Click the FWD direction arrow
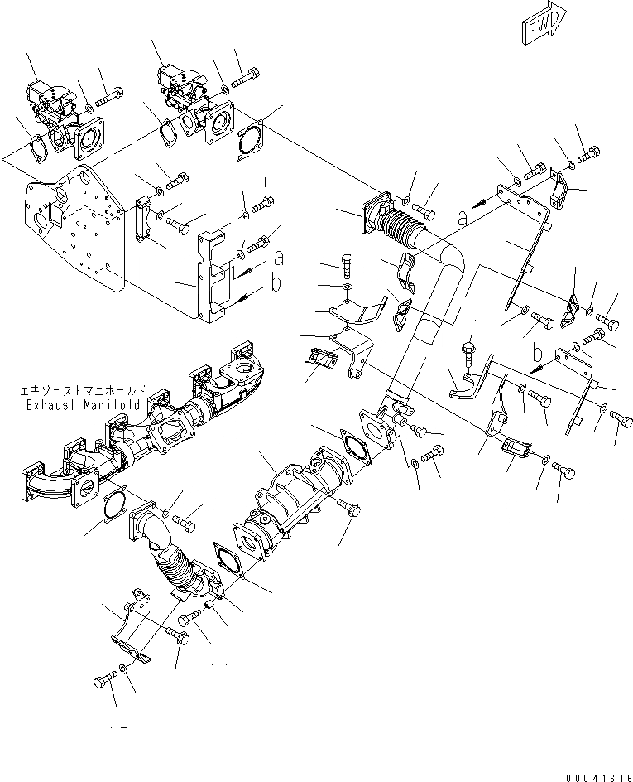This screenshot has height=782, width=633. click(544, 26)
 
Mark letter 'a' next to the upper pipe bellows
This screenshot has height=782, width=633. click(461, 217)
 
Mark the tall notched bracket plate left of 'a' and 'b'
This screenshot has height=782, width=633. click(213, 273)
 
